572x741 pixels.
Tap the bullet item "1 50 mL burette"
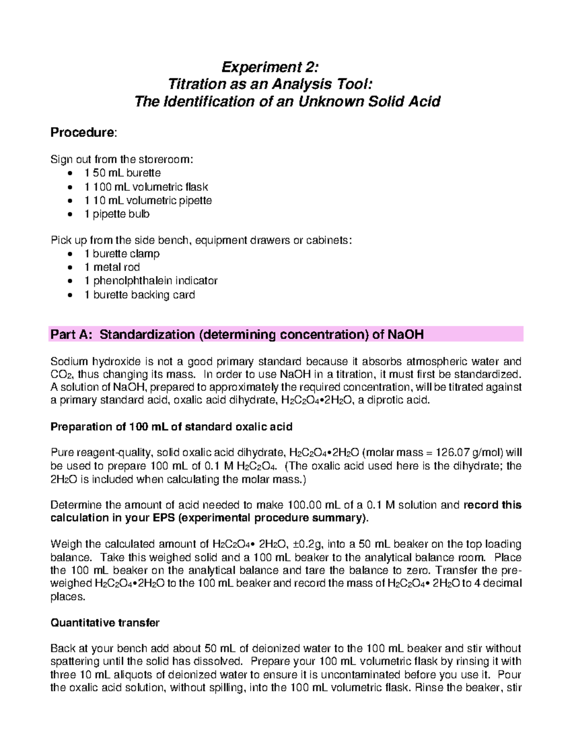coord(123,173)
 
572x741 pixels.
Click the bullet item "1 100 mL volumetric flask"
coord(146,187)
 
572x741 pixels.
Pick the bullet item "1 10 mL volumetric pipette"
coord(148,200)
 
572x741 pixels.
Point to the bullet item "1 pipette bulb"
coord(117,214)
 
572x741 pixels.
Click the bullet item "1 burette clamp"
coord(122,254)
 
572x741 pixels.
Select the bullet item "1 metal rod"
coord(112,267)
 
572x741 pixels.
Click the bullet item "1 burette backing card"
coord(139,295)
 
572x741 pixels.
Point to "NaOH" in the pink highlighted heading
coord(406,334)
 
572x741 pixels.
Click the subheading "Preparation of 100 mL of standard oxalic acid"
coord(171,427)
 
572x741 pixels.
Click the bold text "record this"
coord(492,505)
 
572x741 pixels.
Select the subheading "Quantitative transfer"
coord(105,623)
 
